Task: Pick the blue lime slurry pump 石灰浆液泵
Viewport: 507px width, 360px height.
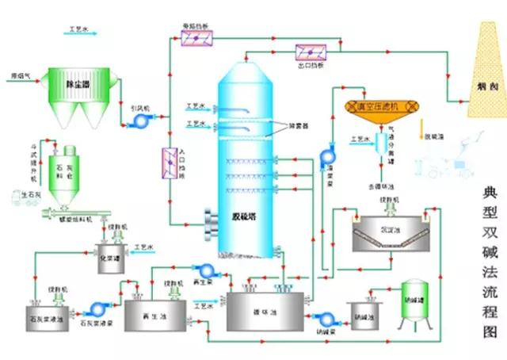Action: [x=100, y=308]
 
